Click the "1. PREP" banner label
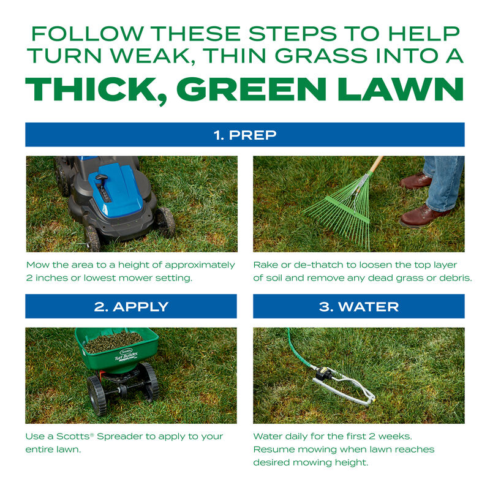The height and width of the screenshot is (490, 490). click(x=244, y=135)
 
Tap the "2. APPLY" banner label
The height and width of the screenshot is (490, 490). click(x=131, y=306)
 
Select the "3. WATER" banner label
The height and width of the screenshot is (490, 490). click(x=358, y=306)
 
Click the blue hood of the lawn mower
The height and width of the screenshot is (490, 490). click(x=116, y=184)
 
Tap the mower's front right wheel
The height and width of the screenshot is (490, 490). click(x=164, y=222)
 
